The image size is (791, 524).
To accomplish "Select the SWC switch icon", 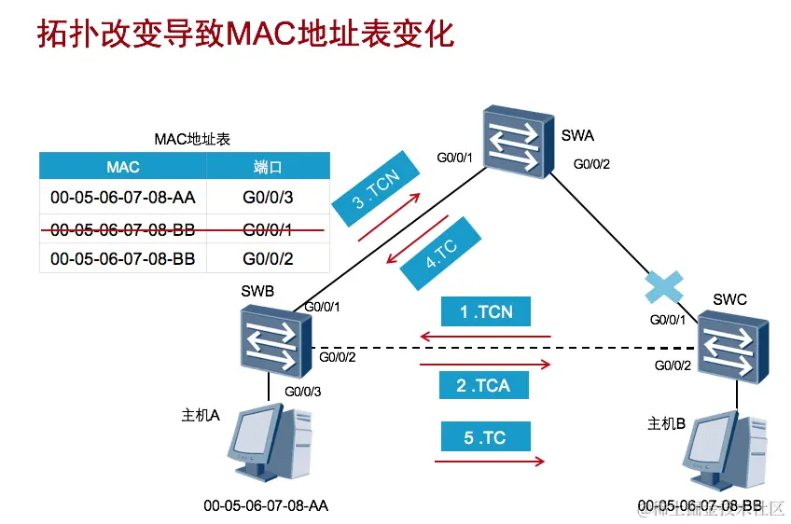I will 734,346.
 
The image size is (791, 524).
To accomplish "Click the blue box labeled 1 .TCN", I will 486,312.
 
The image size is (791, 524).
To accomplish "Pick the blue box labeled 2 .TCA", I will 484,385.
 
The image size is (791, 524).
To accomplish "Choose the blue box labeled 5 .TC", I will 484,438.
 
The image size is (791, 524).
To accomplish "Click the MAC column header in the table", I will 122,167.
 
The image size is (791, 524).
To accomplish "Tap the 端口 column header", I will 268,167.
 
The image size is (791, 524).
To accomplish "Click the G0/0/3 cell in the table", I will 268,198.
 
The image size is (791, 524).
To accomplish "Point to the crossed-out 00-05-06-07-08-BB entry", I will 122,228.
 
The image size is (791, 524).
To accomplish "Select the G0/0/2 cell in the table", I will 268,258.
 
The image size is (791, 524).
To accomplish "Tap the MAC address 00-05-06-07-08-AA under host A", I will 266,506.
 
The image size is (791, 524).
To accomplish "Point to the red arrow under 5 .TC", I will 490,461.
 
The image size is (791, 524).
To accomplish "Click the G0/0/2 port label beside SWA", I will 591,165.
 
